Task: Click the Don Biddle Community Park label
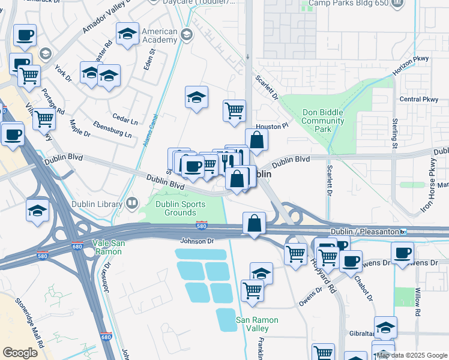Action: tap(323, 121)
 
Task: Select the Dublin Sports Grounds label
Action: tap(180, 208)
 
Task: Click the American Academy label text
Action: tap(160, 35)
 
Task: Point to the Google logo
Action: tap(20, 353)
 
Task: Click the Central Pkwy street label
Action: tap(419, 99)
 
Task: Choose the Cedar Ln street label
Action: tap(125, 118)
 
